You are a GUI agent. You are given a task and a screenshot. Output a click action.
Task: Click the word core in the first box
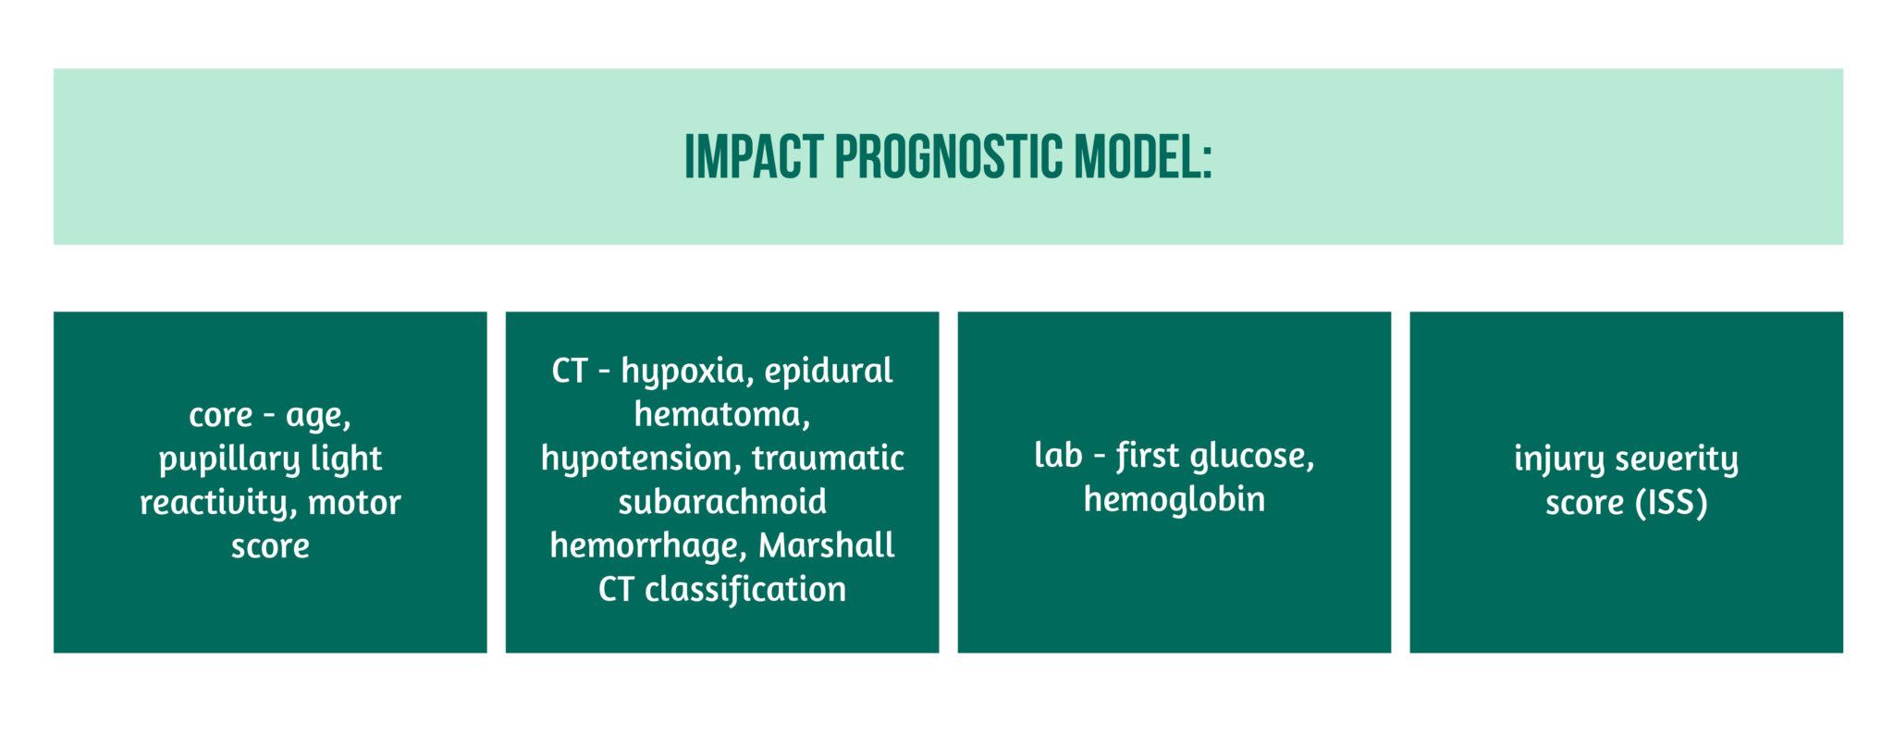tap(220, 415)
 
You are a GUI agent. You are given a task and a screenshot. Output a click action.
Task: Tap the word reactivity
tap(217, 503)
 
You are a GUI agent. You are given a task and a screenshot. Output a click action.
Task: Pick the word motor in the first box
tap(354, 503)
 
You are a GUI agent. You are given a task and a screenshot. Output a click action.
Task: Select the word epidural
tap(829, 372)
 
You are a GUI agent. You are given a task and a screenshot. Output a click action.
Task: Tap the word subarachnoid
tap(721, 502)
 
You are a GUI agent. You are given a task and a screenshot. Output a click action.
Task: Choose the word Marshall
tap(826, 545)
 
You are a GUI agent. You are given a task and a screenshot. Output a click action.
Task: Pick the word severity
tap(1676, 459)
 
